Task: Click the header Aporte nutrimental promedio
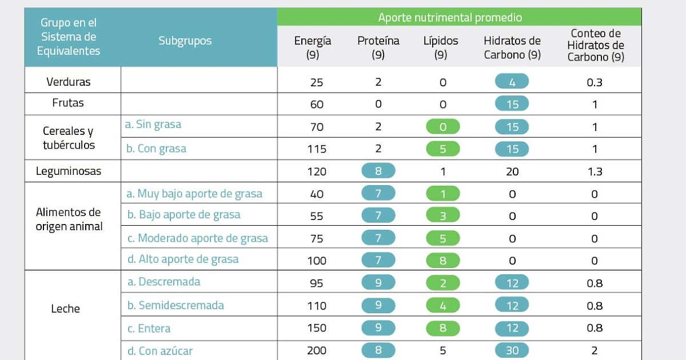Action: [x=450, y=17]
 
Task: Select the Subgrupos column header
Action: [x=185, y=41]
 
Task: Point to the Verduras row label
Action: [x=69, y=82]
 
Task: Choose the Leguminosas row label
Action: [x=69, y=171]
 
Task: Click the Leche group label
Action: [x=66, y=309]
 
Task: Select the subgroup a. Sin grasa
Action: [x=153, y=124]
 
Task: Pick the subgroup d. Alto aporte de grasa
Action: [x=183, y=259]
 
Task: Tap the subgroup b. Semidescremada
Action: [x=176, y=305]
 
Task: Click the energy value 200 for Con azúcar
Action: [x=317, y=350]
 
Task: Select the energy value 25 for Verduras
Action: [x=317, y=82]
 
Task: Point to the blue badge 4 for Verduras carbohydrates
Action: [x=512, y=82]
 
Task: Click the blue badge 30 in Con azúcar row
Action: [x=512, y=350]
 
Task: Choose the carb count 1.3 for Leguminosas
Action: [x=595, y=171]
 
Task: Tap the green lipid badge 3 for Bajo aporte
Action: [x=442, y=215]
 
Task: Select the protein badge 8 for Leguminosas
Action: [x=378, y=171]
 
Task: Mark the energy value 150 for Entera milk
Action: [x=317, y=328]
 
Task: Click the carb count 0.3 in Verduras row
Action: [x=595, y=82]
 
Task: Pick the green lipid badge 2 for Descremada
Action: [x=442, y=283]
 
